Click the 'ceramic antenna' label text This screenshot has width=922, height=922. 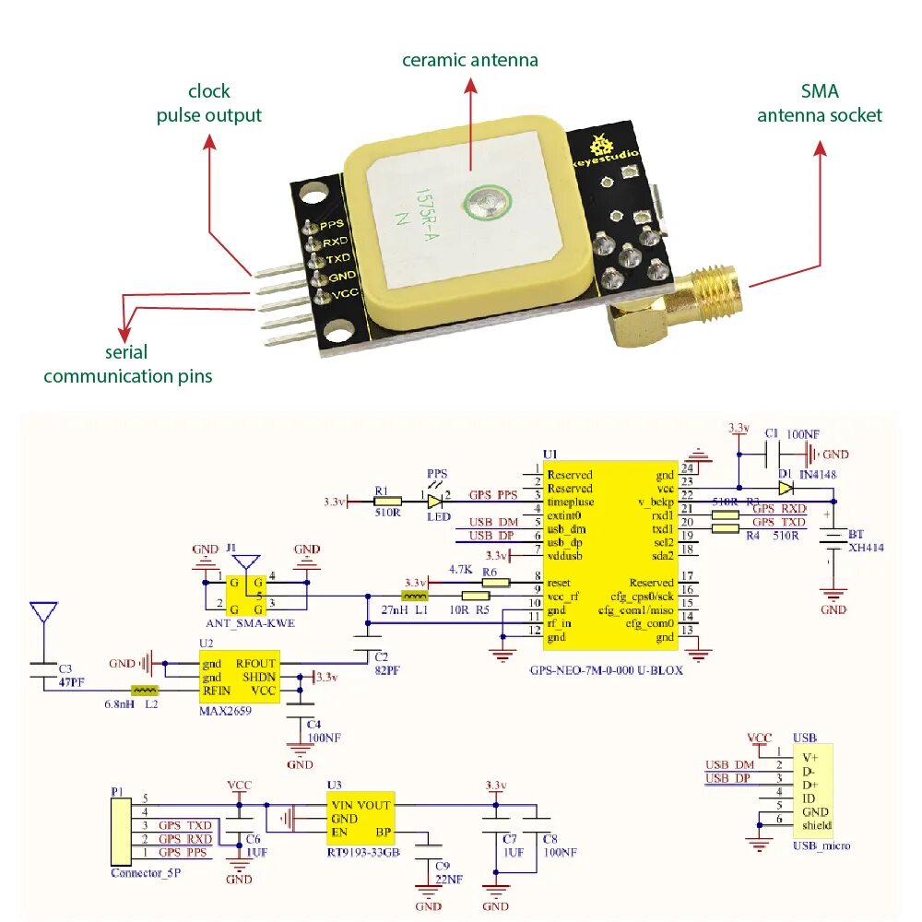coord(469,61)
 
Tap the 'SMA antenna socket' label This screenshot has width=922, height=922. coord(819,103)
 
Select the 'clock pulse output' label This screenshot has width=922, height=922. coord(208,103)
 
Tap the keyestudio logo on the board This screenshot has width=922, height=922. coord(605,152)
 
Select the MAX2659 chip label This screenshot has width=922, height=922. coord(225,711)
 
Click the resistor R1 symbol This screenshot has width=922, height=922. coord(387,502)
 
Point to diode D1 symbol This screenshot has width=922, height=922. coord(785,488)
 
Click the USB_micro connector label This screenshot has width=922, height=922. coord(822,845)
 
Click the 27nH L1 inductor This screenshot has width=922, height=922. coord(414,597)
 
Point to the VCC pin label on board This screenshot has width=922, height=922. coord(344,293)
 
